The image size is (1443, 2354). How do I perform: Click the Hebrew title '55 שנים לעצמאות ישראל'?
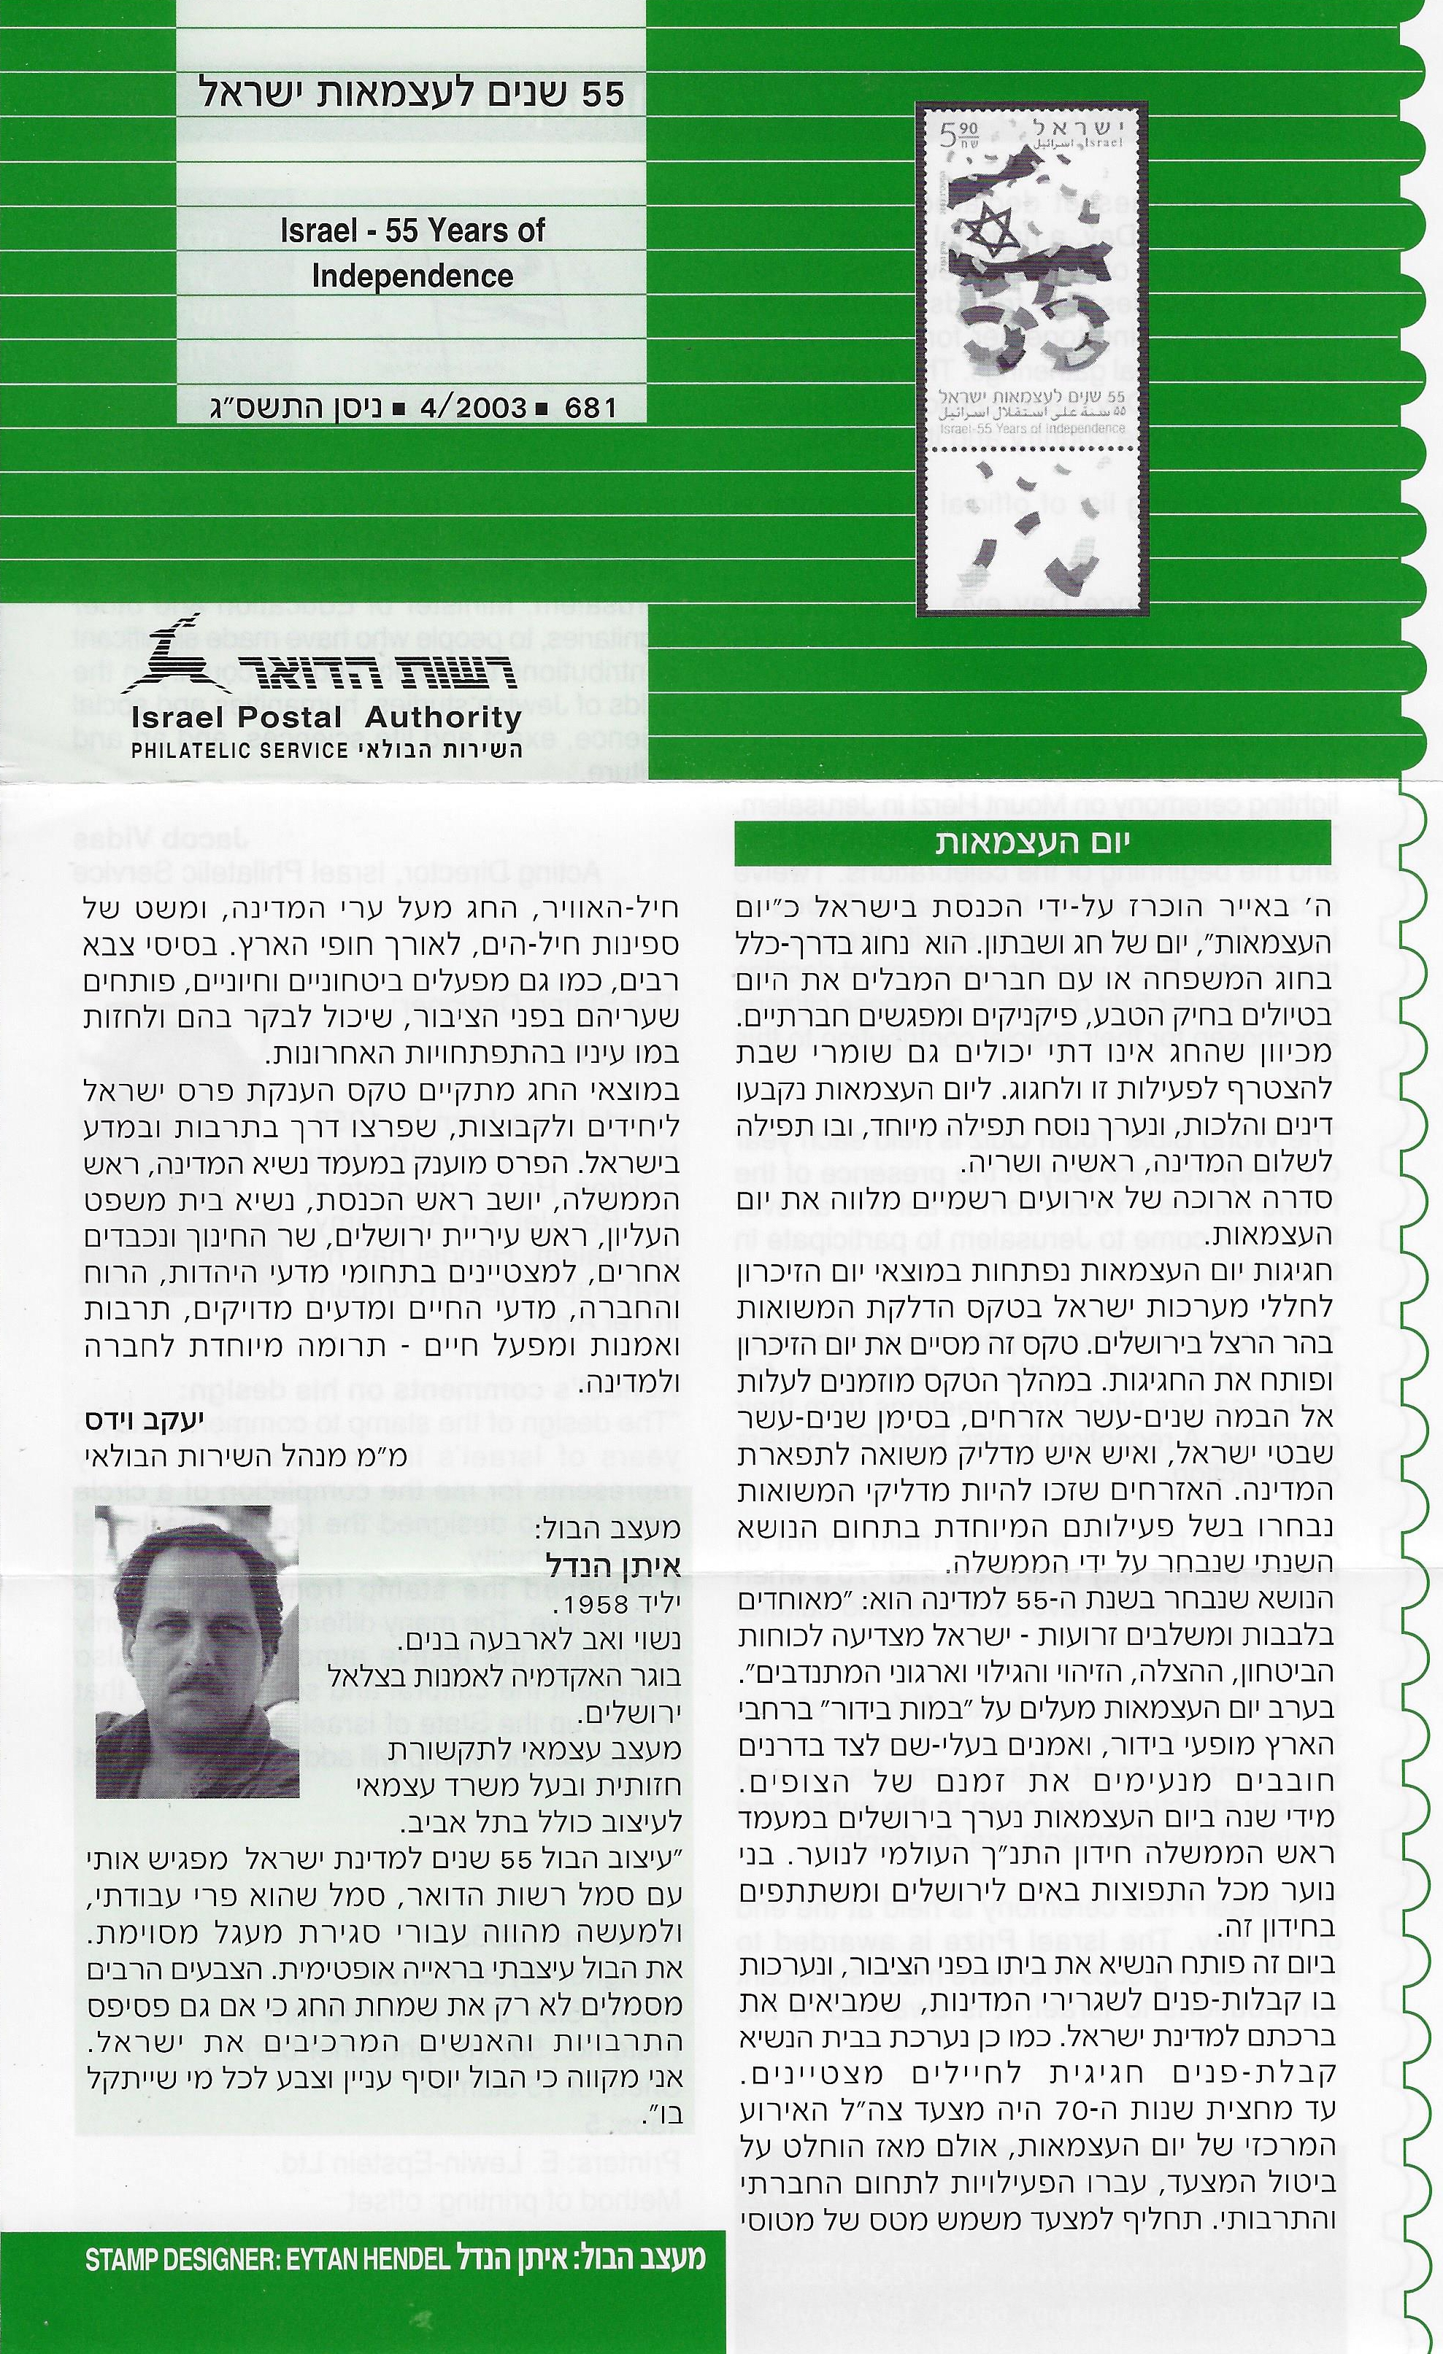[412, 93]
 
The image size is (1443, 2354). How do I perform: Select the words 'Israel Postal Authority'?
[326, 718]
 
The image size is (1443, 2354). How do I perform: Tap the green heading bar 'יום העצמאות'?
[1032, 843]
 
